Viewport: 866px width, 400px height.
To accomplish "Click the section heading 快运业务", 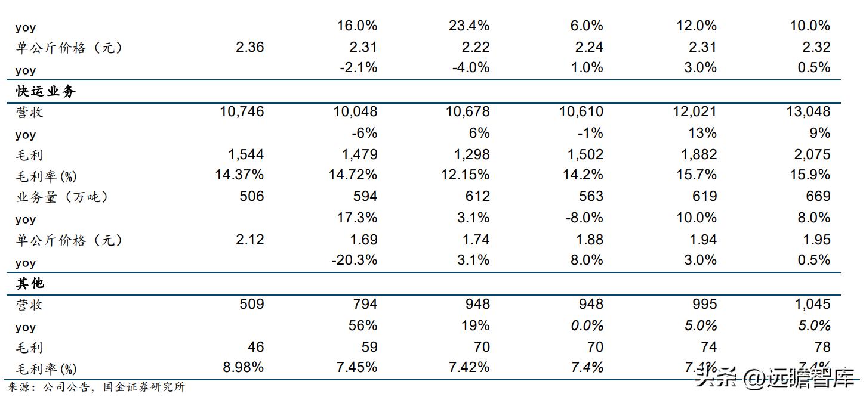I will (x=46, y=92).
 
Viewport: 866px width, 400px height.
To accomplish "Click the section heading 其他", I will (x=30, y=284).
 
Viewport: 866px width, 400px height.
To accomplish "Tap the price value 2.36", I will (x=249, y=47).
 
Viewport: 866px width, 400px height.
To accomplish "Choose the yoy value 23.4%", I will (x=469, y=26).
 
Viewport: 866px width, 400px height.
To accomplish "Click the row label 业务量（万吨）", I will (x=62, y=197).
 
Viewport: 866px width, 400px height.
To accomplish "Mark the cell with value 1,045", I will (x=809, y=304).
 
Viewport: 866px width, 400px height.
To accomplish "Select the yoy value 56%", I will (x=363, y=325).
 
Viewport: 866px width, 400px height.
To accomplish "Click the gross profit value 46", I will (x=255, y=347).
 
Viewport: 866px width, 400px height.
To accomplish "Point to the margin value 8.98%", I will (x=243, y=367).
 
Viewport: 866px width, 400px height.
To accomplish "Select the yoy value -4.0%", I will (x=469, y=67).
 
